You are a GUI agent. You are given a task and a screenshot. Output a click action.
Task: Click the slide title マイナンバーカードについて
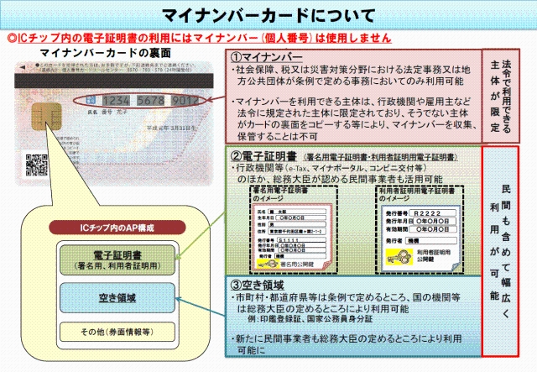(268, 16)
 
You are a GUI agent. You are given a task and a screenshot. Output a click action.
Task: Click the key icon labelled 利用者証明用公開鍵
(392, 261)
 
